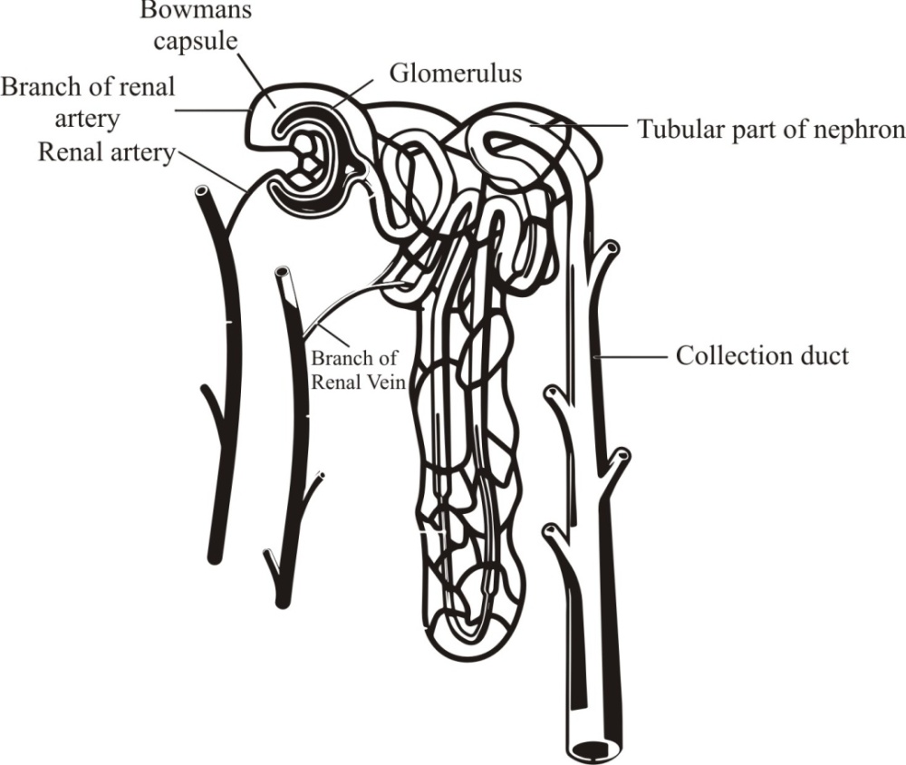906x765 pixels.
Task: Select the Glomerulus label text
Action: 456,72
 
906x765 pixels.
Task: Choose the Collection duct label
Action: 762,354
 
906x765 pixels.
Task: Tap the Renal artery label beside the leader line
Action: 105,151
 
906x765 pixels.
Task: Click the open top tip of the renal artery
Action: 202,192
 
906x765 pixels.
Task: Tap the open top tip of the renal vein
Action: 283,272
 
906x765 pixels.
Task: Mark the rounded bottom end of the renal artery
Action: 214,556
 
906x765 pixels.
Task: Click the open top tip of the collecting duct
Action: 612,246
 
